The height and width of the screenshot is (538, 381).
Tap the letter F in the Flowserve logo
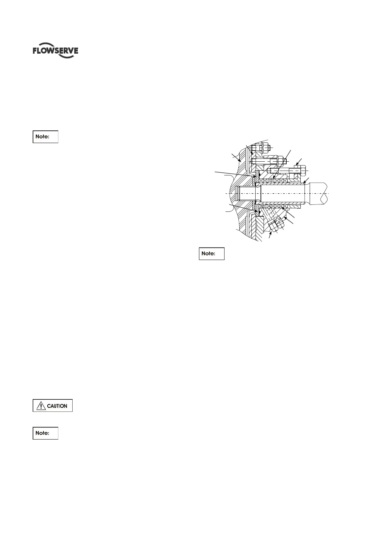click(35, 51)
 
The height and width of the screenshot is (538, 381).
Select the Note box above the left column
click(45, 136)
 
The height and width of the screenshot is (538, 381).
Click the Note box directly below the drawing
click(211, 253)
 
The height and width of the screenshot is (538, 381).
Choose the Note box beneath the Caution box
click(45, 433)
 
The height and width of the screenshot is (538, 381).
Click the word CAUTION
click(57, 406)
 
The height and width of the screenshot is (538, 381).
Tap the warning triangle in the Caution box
click(41, 406)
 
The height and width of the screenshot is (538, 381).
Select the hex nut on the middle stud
click(280, 160)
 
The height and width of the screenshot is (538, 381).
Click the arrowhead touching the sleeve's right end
click(304, 182)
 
